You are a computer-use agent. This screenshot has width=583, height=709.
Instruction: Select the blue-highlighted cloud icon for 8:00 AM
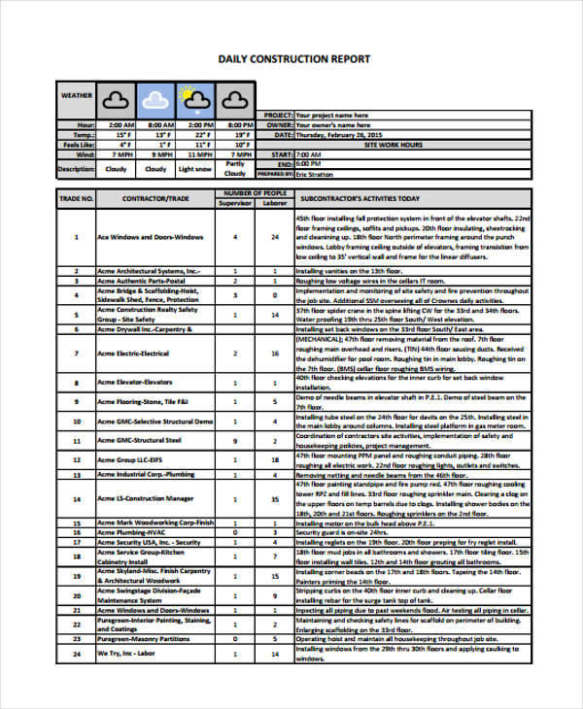click(x=155, y=98)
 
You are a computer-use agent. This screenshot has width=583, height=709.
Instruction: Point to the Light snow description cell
click(x=195, y=168)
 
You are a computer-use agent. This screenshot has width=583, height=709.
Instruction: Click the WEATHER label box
click(x=77, y=96)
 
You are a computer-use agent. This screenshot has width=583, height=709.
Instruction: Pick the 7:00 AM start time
click(x=309, y=153)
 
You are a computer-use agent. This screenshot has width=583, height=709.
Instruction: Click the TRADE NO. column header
click(x=77, y=198)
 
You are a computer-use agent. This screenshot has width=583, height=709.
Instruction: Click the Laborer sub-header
click(x=275, y=203)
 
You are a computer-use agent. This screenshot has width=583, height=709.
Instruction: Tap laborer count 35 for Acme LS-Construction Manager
click(x=275, y=498)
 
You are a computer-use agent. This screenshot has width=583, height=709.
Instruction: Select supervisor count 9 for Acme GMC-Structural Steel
click(x=235, y=440)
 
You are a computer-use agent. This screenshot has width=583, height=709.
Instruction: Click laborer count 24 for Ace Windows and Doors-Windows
click(x=275, y=237)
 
